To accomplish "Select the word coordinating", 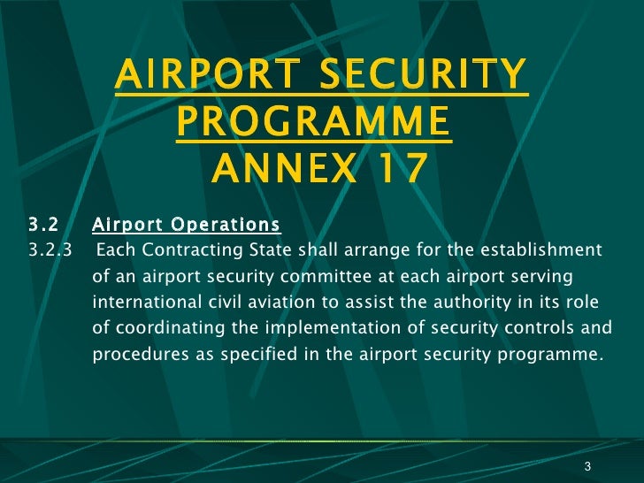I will [x=157, y=327].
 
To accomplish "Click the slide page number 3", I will [x=587, y=467].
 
